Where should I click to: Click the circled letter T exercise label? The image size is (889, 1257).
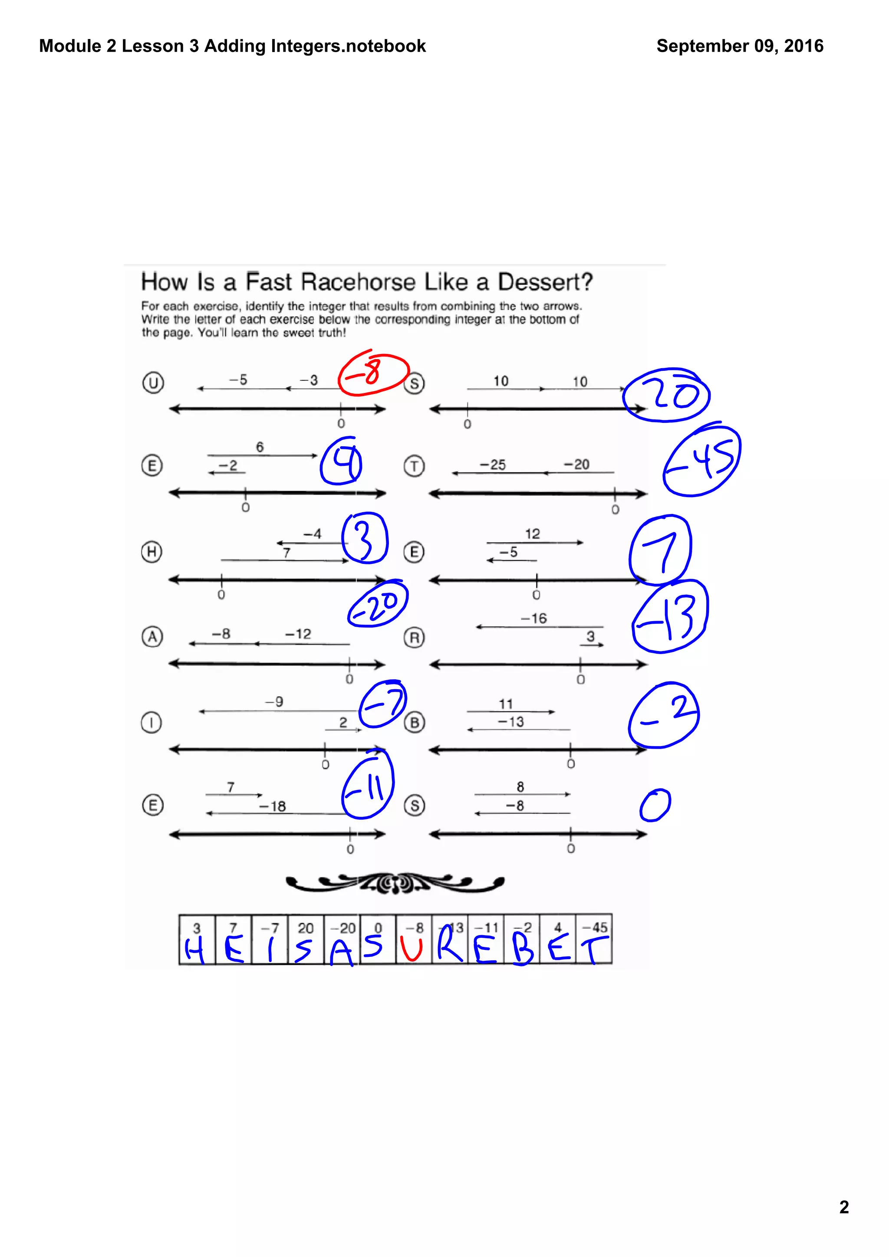(414, 466)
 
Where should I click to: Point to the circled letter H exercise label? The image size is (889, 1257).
(152, 551)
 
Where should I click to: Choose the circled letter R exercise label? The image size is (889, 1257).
(414, 637)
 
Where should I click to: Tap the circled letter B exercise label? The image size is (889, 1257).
(414, 723)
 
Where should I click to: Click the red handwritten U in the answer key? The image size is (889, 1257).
(412, 949)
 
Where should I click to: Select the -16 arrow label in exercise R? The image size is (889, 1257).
(533, 618)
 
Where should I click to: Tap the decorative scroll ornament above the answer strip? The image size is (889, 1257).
(395, 882)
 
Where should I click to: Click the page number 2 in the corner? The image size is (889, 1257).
(844, 1207)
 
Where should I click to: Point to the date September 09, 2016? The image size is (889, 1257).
(740, 46)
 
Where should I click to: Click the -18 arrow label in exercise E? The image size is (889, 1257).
(272, 806)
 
